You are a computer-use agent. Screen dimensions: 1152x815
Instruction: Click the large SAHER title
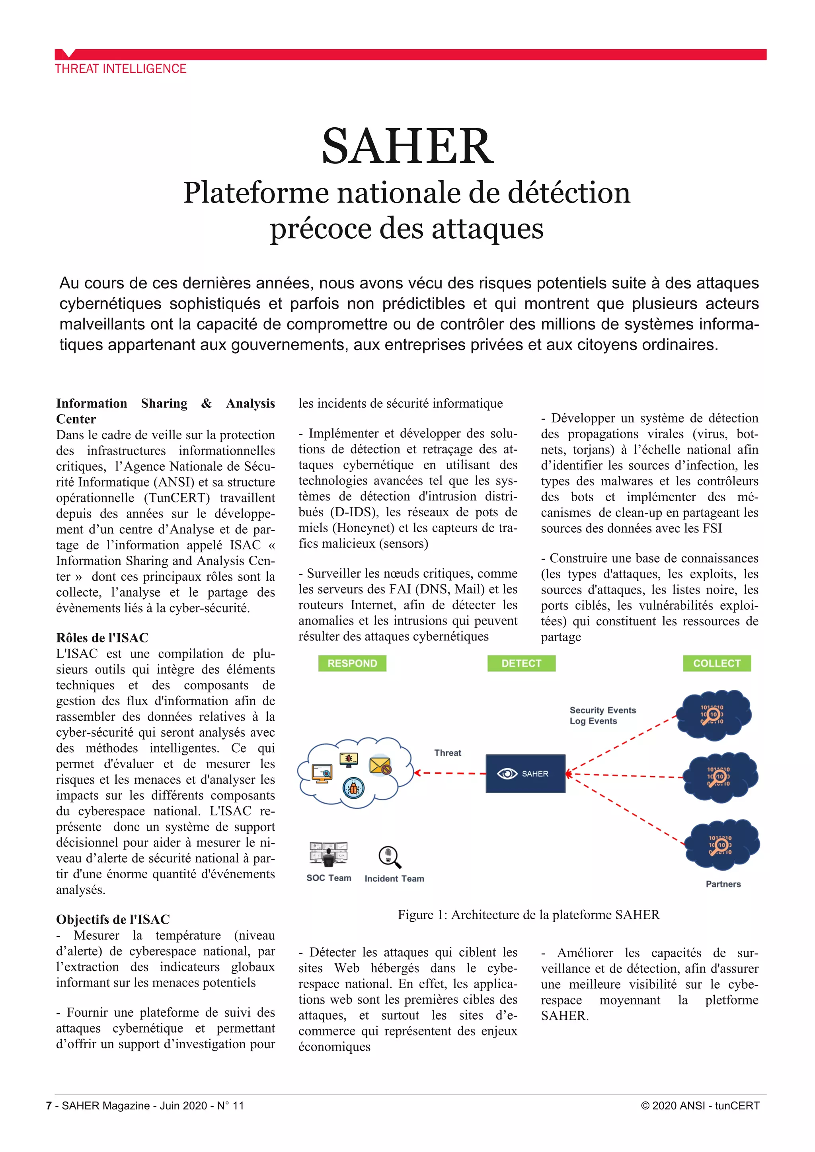(x=407, y=146)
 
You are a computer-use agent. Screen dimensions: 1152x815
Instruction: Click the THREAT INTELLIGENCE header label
(x=121, y=69)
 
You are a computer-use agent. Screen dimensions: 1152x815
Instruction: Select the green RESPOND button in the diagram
(x=352, y=663)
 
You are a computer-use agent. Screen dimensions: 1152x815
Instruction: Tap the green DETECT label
(x=521, y=663)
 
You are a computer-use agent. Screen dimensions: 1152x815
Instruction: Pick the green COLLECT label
(x=717, y=663)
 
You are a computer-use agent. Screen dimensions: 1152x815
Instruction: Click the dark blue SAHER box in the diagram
(x=525, y=774)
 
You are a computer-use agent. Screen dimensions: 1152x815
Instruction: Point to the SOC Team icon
(x=328, y=854)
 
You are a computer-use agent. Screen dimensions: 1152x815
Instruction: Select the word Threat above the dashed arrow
(x=448, y=753)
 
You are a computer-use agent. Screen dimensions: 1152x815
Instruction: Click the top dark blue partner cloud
(x=713, y=714)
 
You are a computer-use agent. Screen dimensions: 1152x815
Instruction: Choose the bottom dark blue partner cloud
(x=721, y=845)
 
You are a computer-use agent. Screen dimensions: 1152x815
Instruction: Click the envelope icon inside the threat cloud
(x=380, y=766)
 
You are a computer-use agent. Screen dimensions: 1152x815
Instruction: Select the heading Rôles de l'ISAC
(x=102, y=638)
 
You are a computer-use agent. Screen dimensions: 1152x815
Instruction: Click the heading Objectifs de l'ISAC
(x=113, y=919)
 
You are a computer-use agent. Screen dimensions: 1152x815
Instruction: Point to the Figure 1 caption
(x=528, y=915)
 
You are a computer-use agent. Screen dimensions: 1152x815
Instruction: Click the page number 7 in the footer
(x=49, y=1106)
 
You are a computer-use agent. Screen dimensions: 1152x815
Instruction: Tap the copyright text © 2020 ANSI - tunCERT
(x=700, y=1106)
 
